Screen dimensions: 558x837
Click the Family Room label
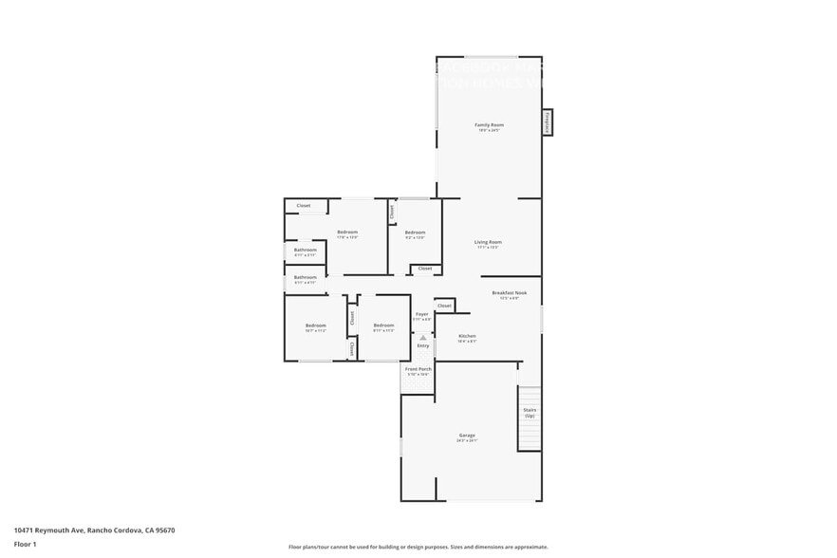point(489,125)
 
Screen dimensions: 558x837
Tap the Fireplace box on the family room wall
point(548,122)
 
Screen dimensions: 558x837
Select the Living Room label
point(488,242)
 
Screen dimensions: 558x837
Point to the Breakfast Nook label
point(509,293)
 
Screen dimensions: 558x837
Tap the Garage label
point(467,436)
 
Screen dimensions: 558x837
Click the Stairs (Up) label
point(530,413)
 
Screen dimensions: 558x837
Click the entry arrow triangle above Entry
point(423,337)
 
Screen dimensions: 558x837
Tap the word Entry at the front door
point(423,345)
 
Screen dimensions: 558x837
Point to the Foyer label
point(421,314)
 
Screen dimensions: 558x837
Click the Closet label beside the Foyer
point(444,306)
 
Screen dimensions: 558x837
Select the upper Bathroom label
point(305,251)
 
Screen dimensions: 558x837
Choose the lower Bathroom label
point(305,278)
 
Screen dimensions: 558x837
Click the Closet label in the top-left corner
point(304,206)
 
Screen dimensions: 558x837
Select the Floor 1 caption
point(25,544)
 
